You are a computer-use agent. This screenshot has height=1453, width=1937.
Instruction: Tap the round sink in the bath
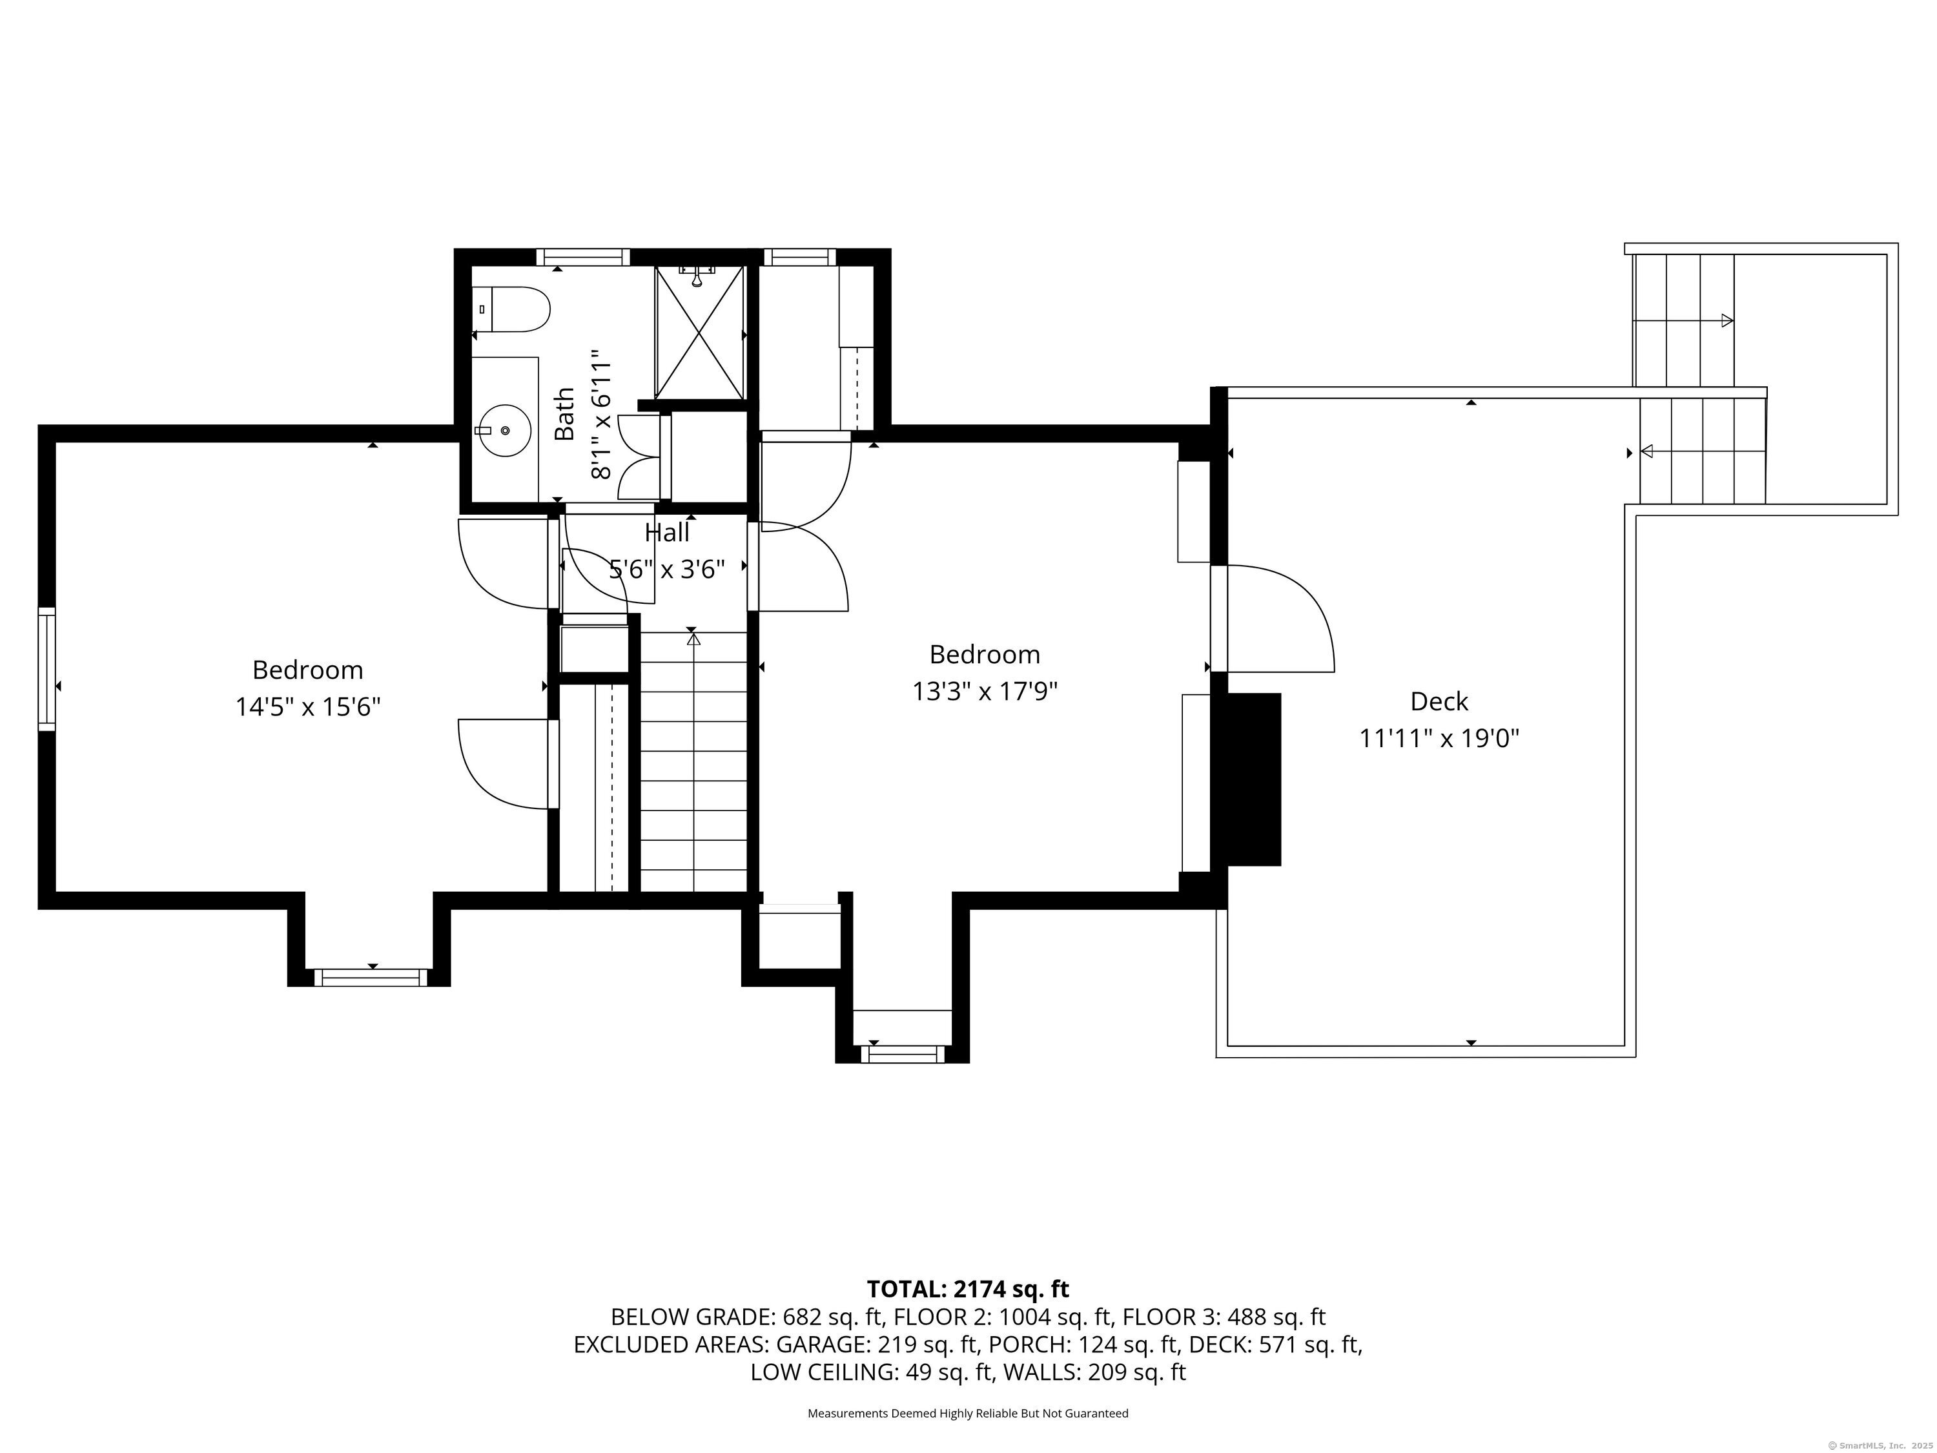pos(506,431)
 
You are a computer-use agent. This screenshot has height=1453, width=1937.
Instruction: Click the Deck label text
pos(1439,701)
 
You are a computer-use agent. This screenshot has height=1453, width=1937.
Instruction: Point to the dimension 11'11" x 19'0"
pos(1439,738)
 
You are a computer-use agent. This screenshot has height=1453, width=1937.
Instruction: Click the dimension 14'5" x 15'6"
pos(307,706)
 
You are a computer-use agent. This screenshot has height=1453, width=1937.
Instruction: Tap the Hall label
pos(667,533)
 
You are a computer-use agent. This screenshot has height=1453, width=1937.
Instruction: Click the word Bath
pos(566,415)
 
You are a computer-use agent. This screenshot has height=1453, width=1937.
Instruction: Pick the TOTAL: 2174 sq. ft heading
pos(968,1289)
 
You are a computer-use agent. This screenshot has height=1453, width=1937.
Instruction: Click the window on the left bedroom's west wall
pos(47,669)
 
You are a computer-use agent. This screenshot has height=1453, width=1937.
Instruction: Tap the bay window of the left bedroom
pos(371,978)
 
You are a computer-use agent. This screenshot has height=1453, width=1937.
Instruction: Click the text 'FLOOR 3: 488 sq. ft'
pos(1224,1317)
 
